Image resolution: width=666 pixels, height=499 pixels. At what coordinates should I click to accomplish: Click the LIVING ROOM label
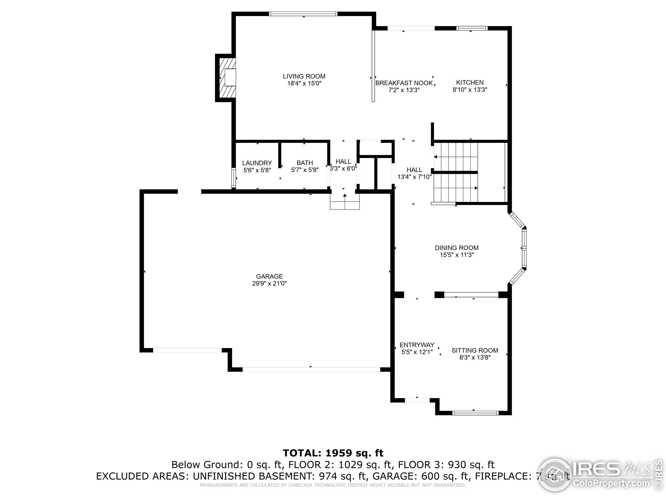304,76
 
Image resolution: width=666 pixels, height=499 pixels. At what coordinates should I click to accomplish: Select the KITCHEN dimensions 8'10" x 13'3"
470,90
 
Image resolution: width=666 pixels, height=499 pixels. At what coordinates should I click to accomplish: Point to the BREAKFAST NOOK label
404,83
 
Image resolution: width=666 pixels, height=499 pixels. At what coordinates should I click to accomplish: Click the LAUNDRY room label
257,163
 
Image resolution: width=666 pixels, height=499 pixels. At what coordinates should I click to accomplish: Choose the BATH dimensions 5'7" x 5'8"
305,170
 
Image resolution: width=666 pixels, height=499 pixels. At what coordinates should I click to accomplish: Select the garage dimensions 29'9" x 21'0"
270,283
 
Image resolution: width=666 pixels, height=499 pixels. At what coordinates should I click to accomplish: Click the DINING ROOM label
457,248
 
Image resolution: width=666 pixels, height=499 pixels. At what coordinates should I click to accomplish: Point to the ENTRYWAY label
417,345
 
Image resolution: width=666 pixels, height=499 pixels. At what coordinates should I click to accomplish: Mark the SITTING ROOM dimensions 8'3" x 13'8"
475,358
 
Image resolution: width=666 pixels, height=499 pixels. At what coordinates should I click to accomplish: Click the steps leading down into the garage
345,201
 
